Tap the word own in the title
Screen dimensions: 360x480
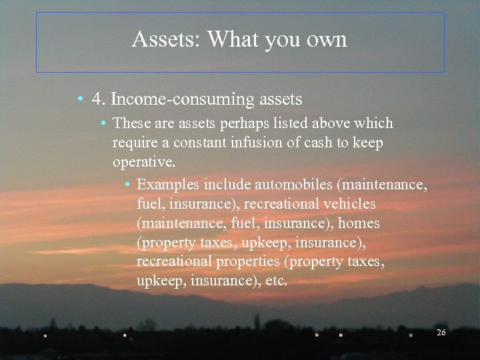[326, 40]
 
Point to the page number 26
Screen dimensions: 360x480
[441, 332]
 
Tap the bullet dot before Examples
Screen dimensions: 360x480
[128, 185]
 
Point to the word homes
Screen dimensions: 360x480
[358, 223]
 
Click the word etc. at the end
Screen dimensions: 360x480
[276, 281]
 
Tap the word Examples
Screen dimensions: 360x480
[168, 184]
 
